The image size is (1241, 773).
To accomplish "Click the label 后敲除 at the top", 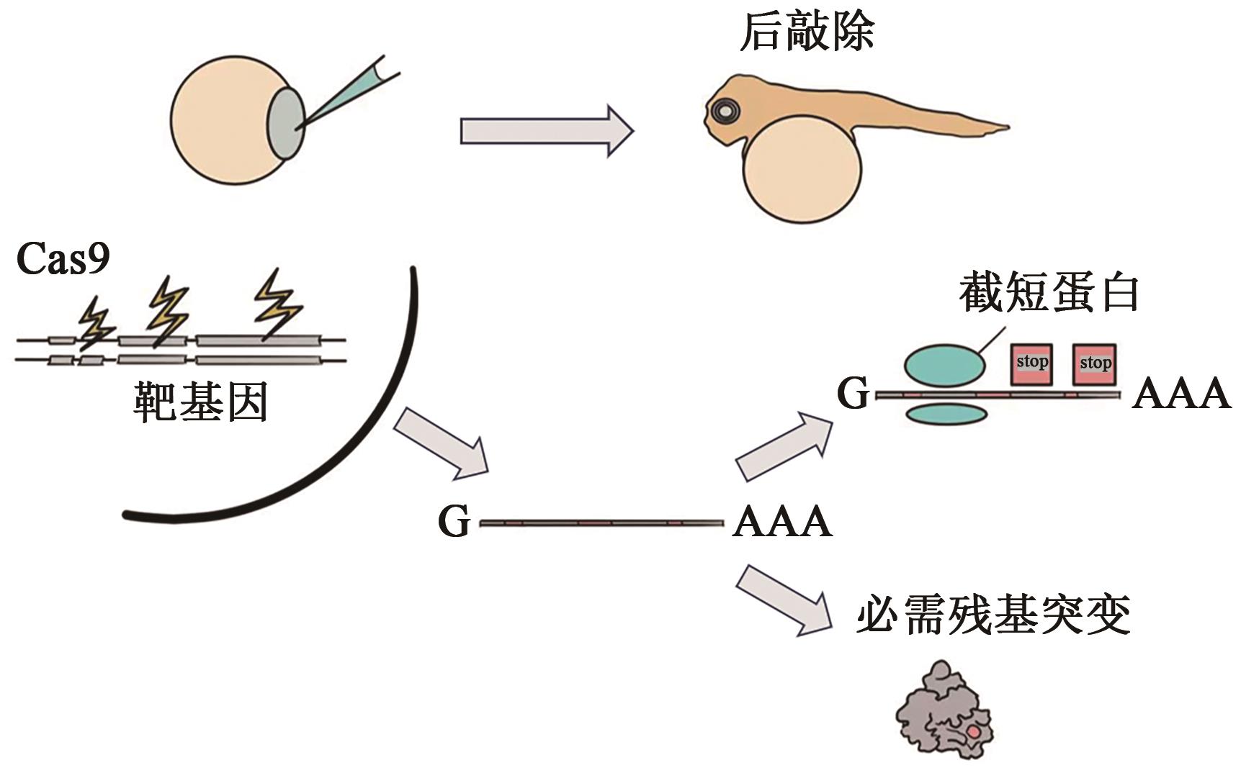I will pyautogui.click(x=807, y=32).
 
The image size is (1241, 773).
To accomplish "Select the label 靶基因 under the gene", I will pyautogui.click(x=200, y=402).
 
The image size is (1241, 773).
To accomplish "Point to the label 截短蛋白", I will pyautogui.click(x=1049, y=294).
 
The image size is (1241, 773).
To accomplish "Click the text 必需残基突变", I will pyautogui.click(x=993, y=615).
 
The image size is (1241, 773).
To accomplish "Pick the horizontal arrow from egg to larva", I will pyautogui.click(x=546, y=131).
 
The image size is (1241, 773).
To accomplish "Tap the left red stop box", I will pyautogui.click(x=1031, y=363).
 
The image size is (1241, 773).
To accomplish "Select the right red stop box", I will pyautogui.click(x=1095, y=363).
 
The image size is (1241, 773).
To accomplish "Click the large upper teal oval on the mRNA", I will pyautogui.click(x=944, y=365).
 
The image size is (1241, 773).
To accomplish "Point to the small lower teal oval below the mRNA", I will pyautogui.click(x=944, y=414).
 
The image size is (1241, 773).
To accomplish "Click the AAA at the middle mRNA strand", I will pyautogui.click(x=782, y=521).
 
